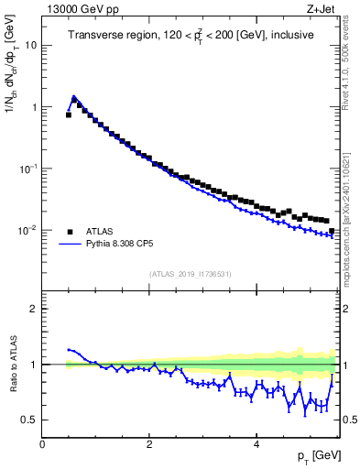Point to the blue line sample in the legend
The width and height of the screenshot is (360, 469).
(x=70, y=245)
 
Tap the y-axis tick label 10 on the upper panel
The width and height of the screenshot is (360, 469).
(x=30, y=45)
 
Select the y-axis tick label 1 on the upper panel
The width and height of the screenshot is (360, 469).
(x=33, y=107)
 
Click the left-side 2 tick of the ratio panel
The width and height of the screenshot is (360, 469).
(x=33, y=309)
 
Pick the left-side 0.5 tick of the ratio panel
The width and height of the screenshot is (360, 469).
(x=30, y=420)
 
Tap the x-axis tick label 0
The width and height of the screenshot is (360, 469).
(x=42, y=444)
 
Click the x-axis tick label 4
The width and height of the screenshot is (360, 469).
(x=256, y=444)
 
